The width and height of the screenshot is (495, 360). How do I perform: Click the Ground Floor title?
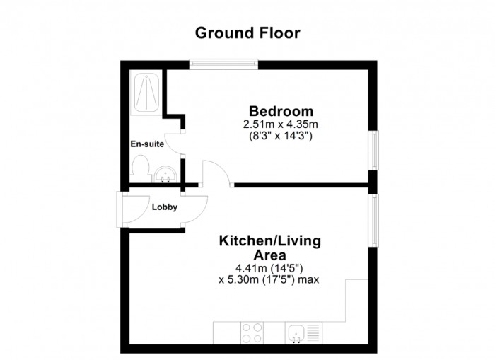click(x=248, y=33)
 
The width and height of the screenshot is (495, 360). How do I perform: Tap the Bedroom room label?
click(x=280, y=111)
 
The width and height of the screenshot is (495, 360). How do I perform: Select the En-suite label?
click(x=146, y=144)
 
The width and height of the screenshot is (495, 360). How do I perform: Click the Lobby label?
click(x=164, y=207)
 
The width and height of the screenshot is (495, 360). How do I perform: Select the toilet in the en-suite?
click(x=140, y=168)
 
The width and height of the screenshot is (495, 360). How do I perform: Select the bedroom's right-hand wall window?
click(x=373, y=151)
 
